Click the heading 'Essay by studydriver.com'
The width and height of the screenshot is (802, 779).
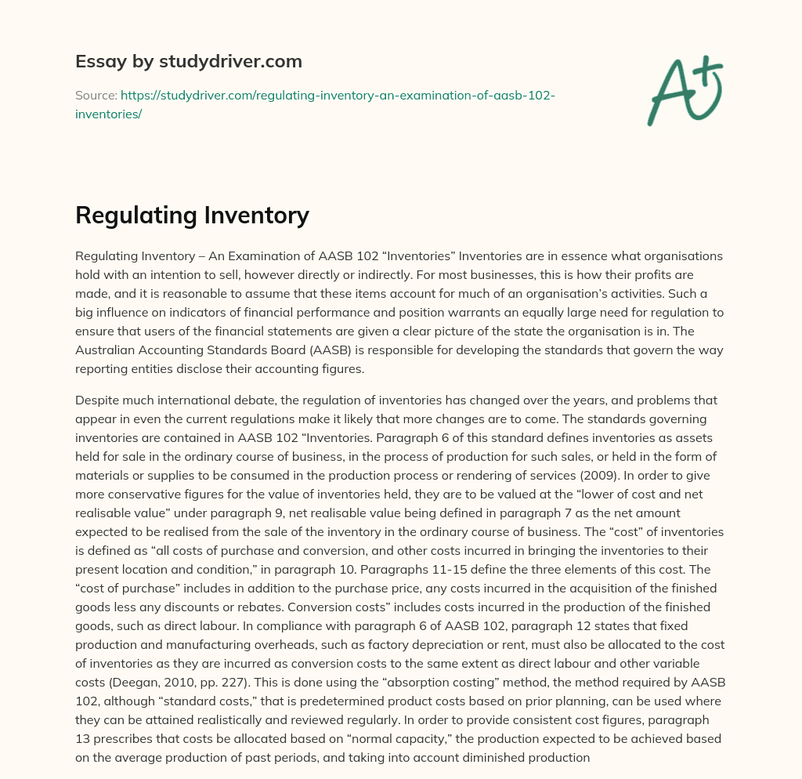(x=189, y=61)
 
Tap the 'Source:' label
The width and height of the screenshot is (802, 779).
(x=96, y=95)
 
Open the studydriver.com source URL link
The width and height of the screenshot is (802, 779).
(x=338, y=103)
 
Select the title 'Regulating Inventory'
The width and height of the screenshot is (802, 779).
(x=192, y=215)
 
